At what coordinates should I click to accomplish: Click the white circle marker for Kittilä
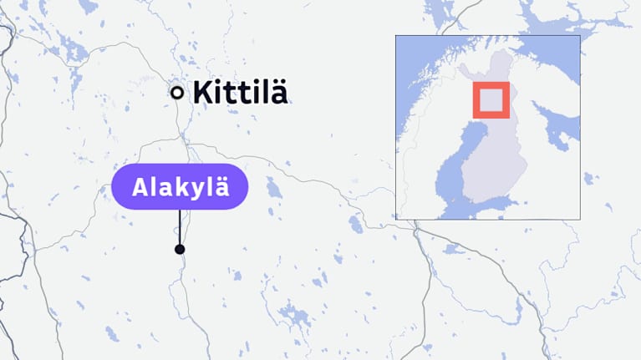click(177, 93)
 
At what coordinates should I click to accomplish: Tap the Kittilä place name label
click(240, 93)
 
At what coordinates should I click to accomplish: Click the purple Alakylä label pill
click(180, 186)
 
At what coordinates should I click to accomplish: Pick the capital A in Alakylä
click(140, 186)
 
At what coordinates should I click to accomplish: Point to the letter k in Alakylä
click(181, 186)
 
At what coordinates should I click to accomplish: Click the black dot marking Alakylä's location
click(180, 249)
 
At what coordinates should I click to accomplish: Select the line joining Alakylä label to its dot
click(180, 227)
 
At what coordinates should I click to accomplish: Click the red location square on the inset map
click(491, 100)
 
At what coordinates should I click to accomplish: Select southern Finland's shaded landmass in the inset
click(493, 167)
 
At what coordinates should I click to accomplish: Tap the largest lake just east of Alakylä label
click(272, 187)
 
